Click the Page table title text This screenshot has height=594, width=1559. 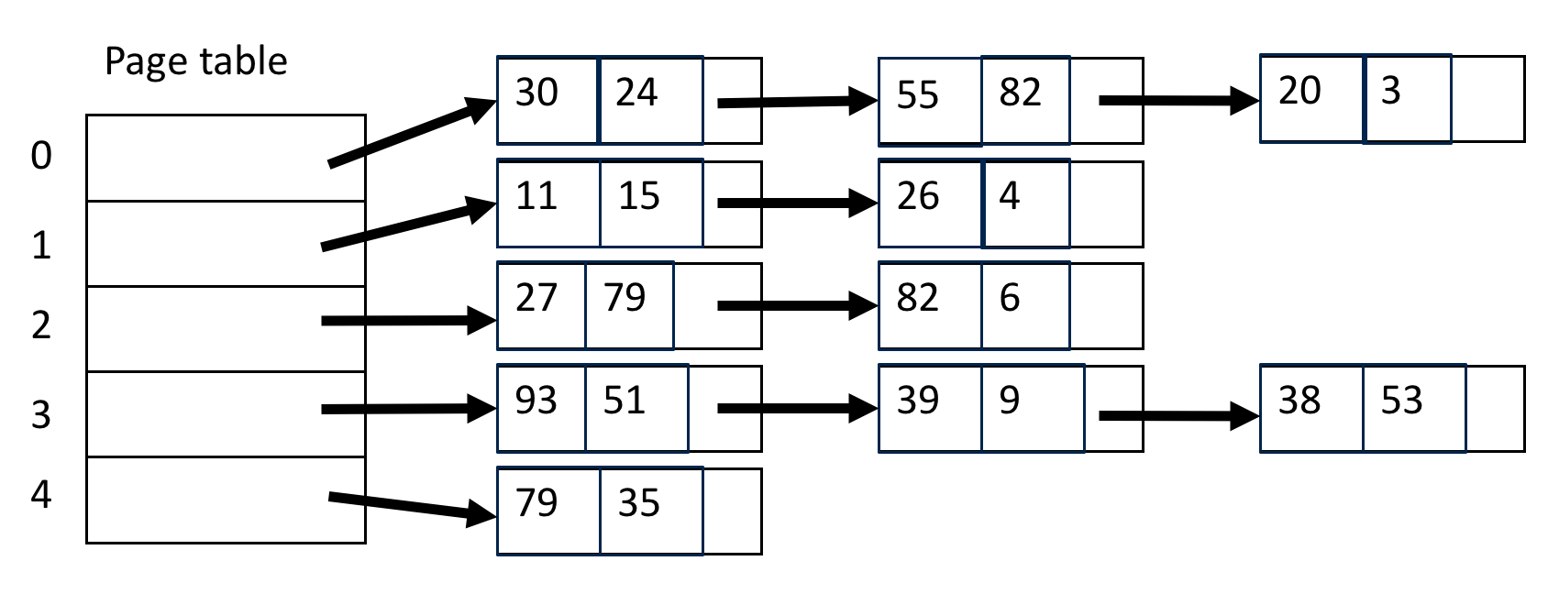pyautogui.click(x=195, y=61)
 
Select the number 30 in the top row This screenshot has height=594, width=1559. pyautogui.click(x=536, y=93)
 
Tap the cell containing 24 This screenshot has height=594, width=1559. pyautogui.click(x=649, y=100)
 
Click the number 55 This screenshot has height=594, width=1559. pyautogui.click(x=918, y=95)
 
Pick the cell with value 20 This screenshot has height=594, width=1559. pyautogui.click(x=1310, y=98)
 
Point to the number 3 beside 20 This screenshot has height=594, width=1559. pyautogui.click(x=1390, y=91)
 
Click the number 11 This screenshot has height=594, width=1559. pyautogui.click(x=536, y=196)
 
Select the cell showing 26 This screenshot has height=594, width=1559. pyautogui.click(x=929, y=203)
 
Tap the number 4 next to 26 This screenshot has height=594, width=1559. pyautogui.click(x=1010, y=196)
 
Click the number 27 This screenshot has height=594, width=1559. pyautogui.click(x=536, y=298)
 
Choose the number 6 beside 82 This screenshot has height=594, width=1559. pyautogui.click(x=1010, y=298)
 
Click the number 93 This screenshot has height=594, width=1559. pyautogui.click(x=536, y=401)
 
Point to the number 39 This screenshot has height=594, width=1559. pyautogui.click(x=918, y=401)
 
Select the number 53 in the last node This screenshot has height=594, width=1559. pyautogui.click(x=1401, y=401)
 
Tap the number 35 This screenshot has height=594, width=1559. pyautogui.click(x=639, y=503)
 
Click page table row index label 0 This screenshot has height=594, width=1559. pyautogui.click(x=41, y=157)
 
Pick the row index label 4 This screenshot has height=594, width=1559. pyautogui.click(x=41, y=495)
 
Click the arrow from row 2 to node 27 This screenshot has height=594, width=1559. pyautogui.click(x=408, y=321)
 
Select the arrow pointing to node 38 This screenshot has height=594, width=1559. pyautogui.click(x=1178, y=417)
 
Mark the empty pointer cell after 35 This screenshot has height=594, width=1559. pyautogui.click(x=732, y=511)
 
